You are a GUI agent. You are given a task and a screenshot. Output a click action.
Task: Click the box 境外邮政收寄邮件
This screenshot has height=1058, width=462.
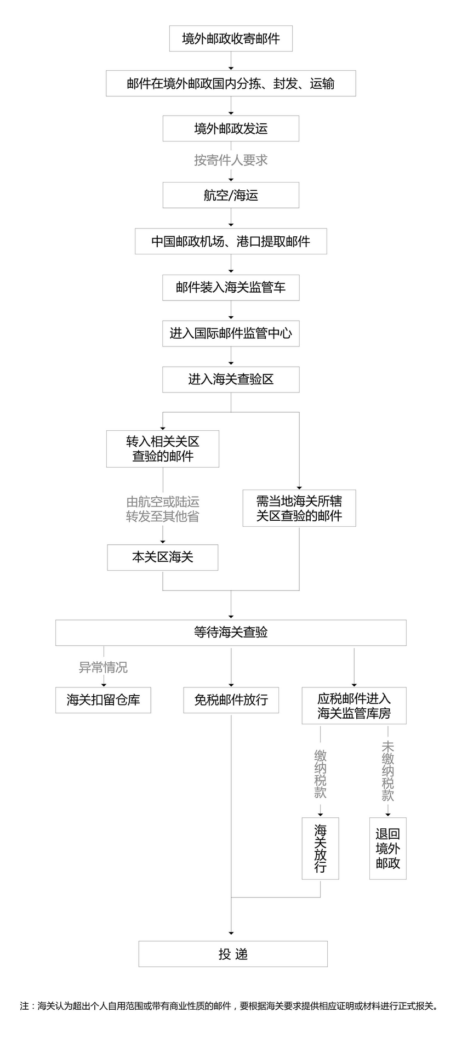(x=231, y=39)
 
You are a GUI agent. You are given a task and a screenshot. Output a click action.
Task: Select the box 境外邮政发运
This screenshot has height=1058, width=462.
(x=231, y=129)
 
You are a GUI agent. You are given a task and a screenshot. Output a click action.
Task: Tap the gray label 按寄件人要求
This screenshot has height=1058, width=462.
(x=231, y=160)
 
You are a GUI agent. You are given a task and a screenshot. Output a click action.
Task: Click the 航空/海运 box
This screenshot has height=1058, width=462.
(x=231, y=195)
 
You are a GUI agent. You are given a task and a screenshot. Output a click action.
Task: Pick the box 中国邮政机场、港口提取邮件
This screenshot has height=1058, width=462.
(x=231, y=241)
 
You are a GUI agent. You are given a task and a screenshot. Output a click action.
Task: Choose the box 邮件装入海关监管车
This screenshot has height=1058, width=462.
(x=231, y=287)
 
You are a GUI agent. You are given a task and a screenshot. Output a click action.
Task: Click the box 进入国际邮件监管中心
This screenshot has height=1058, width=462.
(x=231, y=333)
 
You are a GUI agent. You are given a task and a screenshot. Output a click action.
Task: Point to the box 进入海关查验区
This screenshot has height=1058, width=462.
(x=231, y=379)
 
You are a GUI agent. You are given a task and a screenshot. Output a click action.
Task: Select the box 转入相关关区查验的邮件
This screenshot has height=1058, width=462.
(x=163, y=449)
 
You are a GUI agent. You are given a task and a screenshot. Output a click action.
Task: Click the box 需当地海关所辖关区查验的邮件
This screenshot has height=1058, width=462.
(x=299, y=508)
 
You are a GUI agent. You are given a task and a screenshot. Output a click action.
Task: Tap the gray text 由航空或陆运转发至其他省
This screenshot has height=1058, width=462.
(x=163, y=509)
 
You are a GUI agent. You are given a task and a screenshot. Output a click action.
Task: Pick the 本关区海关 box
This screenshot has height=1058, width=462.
(x=163, y=558)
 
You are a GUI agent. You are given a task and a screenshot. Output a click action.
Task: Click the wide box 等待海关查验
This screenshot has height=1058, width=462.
(x=231, y=633)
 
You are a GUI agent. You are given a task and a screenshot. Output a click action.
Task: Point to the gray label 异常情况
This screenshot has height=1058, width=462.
(x=103, y=667)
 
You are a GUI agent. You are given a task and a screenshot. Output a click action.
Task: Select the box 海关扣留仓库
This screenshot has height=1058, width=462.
(x=103, y=700)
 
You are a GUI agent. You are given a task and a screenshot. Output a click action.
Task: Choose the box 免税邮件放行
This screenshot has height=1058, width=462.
(x=231, y=700)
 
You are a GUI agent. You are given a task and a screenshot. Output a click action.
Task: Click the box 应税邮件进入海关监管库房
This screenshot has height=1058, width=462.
(x=354, y=706)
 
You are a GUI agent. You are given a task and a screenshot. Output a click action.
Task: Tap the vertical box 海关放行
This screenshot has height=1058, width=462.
(x=320, y=848)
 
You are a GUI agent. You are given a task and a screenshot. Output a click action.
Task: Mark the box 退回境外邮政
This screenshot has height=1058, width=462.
(x=387, y=848)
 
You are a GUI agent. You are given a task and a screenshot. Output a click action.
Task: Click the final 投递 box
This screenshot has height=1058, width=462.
(x=233, y=954)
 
